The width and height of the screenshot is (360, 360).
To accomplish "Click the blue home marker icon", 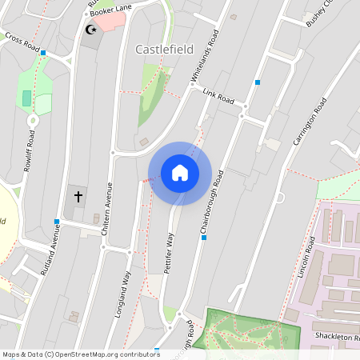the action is (x=180, y=173).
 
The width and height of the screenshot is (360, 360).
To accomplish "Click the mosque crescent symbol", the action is (x=90, y=30).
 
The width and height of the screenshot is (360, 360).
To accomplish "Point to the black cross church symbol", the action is (x=78, y=194).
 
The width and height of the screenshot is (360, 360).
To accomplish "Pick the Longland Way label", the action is (x=122, y=294).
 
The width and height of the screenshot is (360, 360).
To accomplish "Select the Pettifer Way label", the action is (x=169, y=254).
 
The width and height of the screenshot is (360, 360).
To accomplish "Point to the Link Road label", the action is (x=218, y=96).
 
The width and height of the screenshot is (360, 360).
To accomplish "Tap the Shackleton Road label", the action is (x=336, y=336).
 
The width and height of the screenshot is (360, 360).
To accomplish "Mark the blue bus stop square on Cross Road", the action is (x=43, y=54).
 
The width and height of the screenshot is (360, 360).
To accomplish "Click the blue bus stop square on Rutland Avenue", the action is (x=56, y=222).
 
